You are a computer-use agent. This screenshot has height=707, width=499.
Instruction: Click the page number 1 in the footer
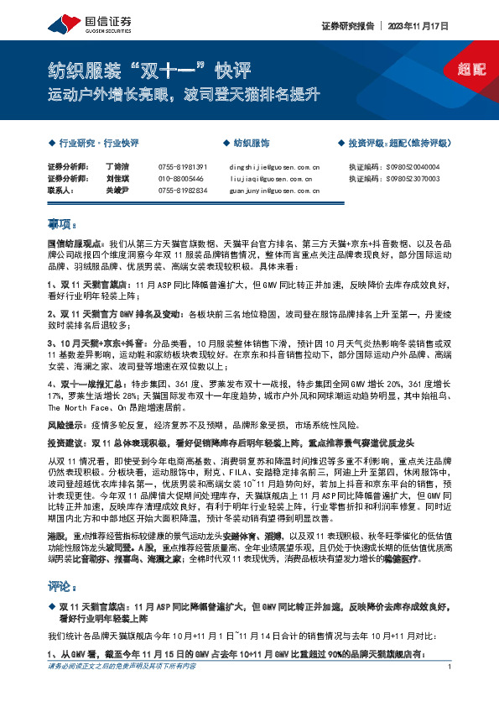point(451,690)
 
